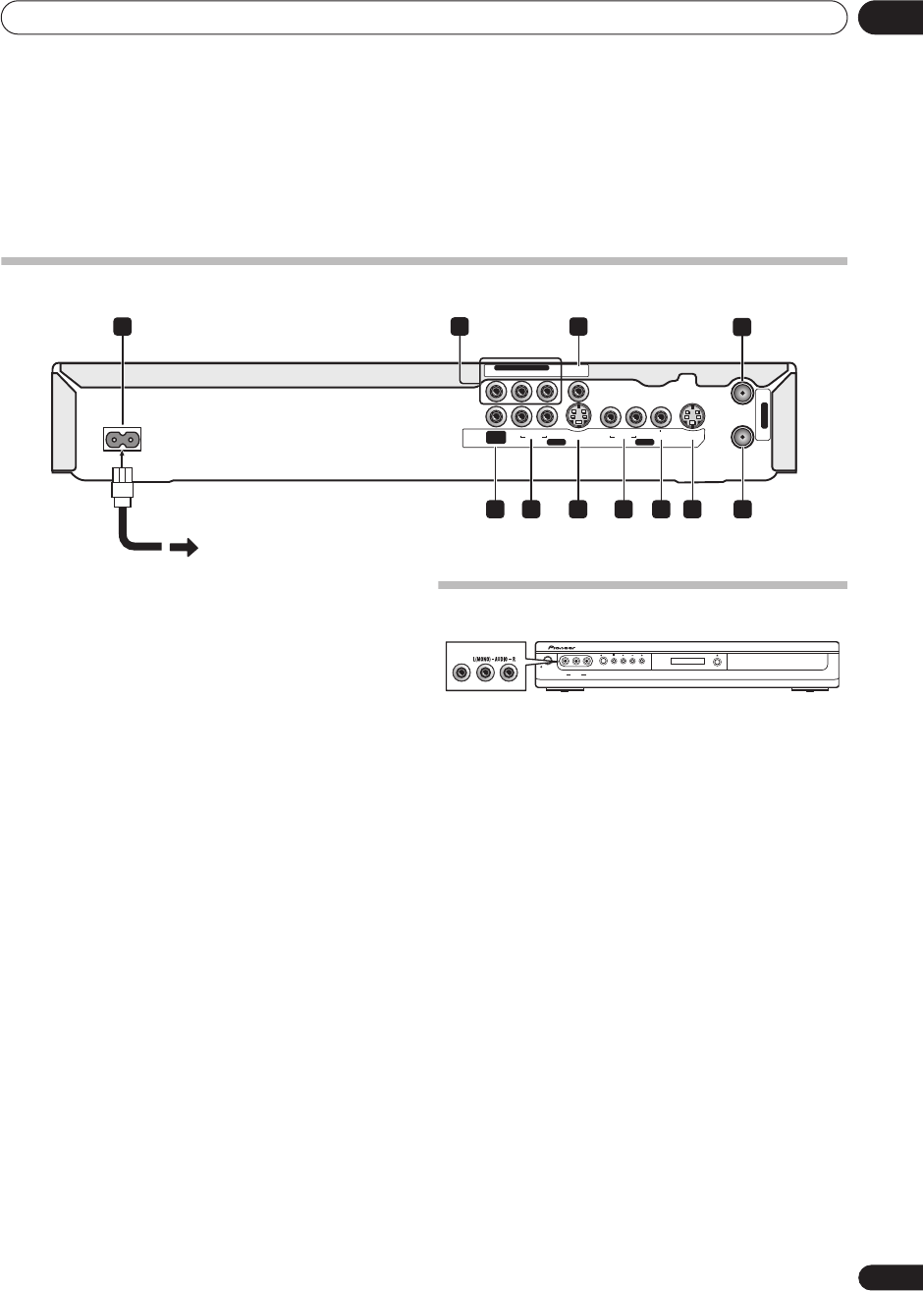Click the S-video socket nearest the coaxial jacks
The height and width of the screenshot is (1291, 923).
[693, 417]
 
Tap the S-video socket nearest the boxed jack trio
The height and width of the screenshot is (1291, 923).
[579, 417]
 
